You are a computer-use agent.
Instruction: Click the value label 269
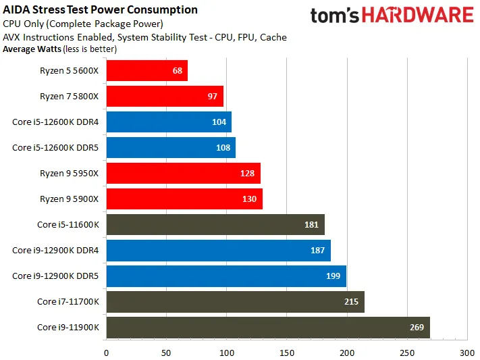417,328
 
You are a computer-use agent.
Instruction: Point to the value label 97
213,97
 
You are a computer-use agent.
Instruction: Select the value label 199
333,276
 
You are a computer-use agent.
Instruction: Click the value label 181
311,225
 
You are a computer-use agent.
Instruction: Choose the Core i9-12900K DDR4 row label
55,251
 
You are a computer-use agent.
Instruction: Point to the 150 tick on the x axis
287,353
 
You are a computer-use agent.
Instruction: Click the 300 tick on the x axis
467,353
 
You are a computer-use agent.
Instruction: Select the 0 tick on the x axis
107,353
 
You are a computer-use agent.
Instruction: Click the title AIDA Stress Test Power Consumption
101,10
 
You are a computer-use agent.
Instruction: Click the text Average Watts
32,49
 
